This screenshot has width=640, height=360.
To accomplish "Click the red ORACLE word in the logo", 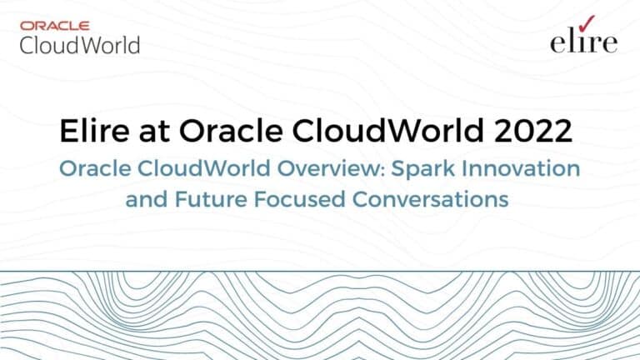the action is click(55, 26).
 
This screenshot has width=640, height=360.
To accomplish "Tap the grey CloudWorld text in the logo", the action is click(80, 45).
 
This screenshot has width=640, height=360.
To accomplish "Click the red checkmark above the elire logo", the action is click(587, 23).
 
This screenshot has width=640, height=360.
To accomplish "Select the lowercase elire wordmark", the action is click(583, 41).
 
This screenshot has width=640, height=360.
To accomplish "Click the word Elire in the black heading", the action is click(94, 131).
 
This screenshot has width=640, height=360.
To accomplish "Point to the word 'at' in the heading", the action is click(154, 132).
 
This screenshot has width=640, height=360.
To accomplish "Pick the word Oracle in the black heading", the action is click(231, 131).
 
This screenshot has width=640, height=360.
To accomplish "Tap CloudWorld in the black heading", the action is click(387, 131).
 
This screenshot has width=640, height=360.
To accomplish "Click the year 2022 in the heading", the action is click(532, 131).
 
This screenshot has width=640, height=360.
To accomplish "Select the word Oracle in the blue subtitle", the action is click(95, 168).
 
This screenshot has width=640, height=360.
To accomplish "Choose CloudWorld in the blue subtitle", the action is click(204, 168).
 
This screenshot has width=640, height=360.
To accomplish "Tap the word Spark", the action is click(423, 168).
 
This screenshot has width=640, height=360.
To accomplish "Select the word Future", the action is click(211, 199).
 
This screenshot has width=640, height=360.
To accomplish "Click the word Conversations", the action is click(430, 199).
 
